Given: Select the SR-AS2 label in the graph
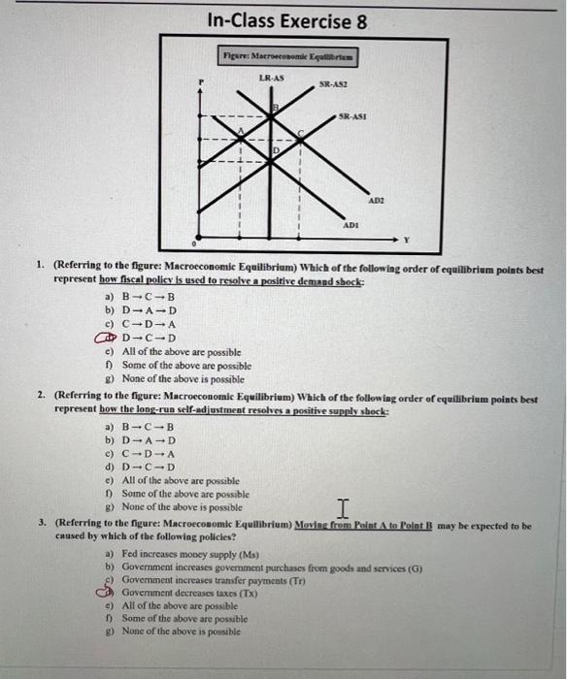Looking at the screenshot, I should (332, 86).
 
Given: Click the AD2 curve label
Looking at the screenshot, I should (376, 199).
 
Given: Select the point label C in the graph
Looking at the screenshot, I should (300, 133).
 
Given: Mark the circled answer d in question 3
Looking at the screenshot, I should (111, 591).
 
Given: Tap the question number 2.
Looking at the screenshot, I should (42, 397).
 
